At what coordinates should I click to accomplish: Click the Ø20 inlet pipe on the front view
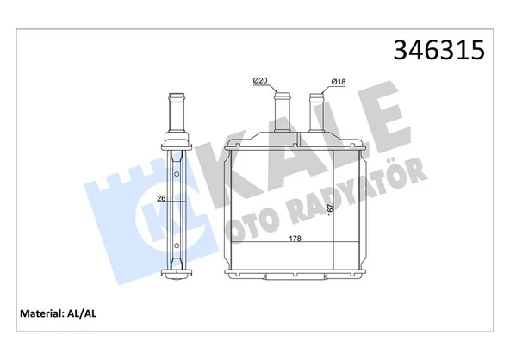tap(280, 108)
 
